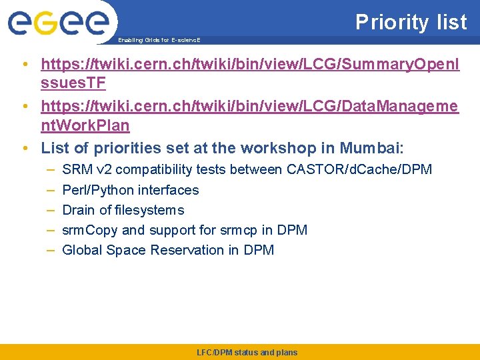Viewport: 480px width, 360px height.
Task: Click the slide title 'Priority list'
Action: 411,22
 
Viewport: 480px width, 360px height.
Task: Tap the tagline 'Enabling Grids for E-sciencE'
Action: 159,40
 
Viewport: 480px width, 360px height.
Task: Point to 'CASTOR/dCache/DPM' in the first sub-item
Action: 359,169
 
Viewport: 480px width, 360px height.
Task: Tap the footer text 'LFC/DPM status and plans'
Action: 247,352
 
